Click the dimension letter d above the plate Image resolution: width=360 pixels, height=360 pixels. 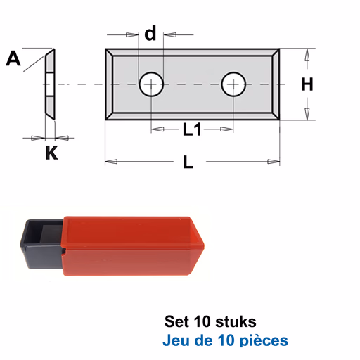(x=150, y=33)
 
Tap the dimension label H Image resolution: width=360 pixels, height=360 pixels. (x=307, y=84)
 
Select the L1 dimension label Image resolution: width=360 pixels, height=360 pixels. (x=192, y=129)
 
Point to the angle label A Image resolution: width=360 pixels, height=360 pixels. (x=13, y=58)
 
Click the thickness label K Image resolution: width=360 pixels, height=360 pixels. (x=51, y=153)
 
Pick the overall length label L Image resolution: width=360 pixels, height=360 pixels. (x=188, y=162)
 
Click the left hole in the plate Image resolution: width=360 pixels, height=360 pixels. (x=151, y=84)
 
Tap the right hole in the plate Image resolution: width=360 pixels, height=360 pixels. (x=233, y=84)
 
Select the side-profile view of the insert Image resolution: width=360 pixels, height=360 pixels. (x=50, y=84)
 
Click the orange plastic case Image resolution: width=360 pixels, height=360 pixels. (x=133, y=245)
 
